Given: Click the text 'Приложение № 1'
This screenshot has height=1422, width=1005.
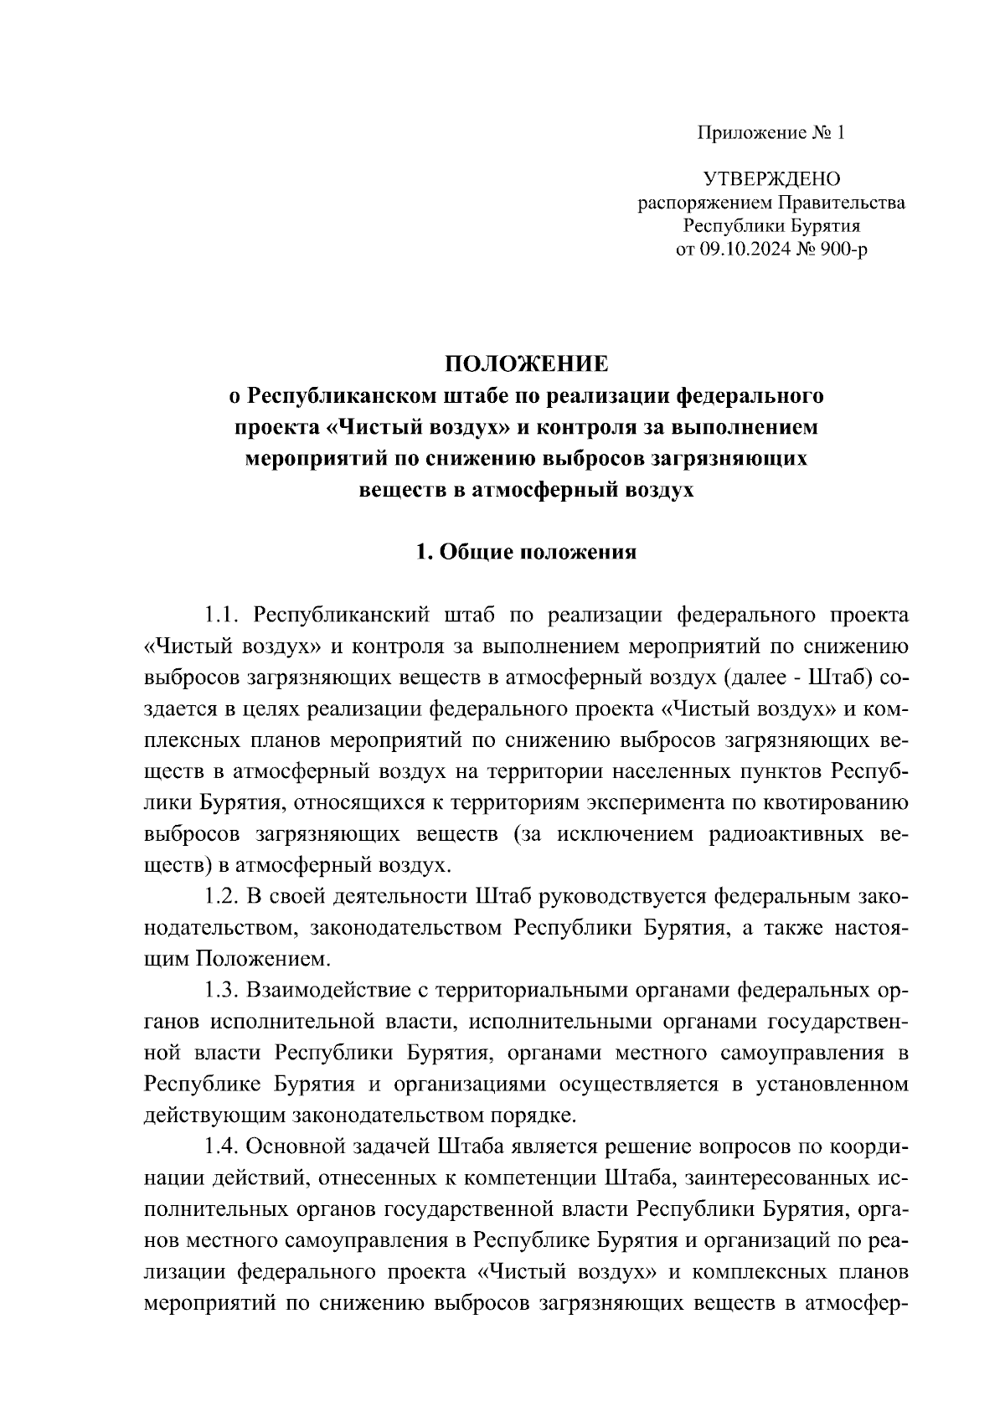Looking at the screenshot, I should coord(771,133).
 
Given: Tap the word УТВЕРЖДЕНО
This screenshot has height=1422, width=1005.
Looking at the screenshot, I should coord(771,179).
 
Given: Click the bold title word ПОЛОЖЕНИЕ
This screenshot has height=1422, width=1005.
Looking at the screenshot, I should coord(526,363).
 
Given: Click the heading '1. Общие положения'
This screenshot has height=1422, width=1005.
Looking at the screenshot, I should coord(526,553).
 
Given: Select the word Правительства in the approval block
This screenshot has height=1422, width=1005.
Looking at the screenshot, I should coord(843,203).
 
